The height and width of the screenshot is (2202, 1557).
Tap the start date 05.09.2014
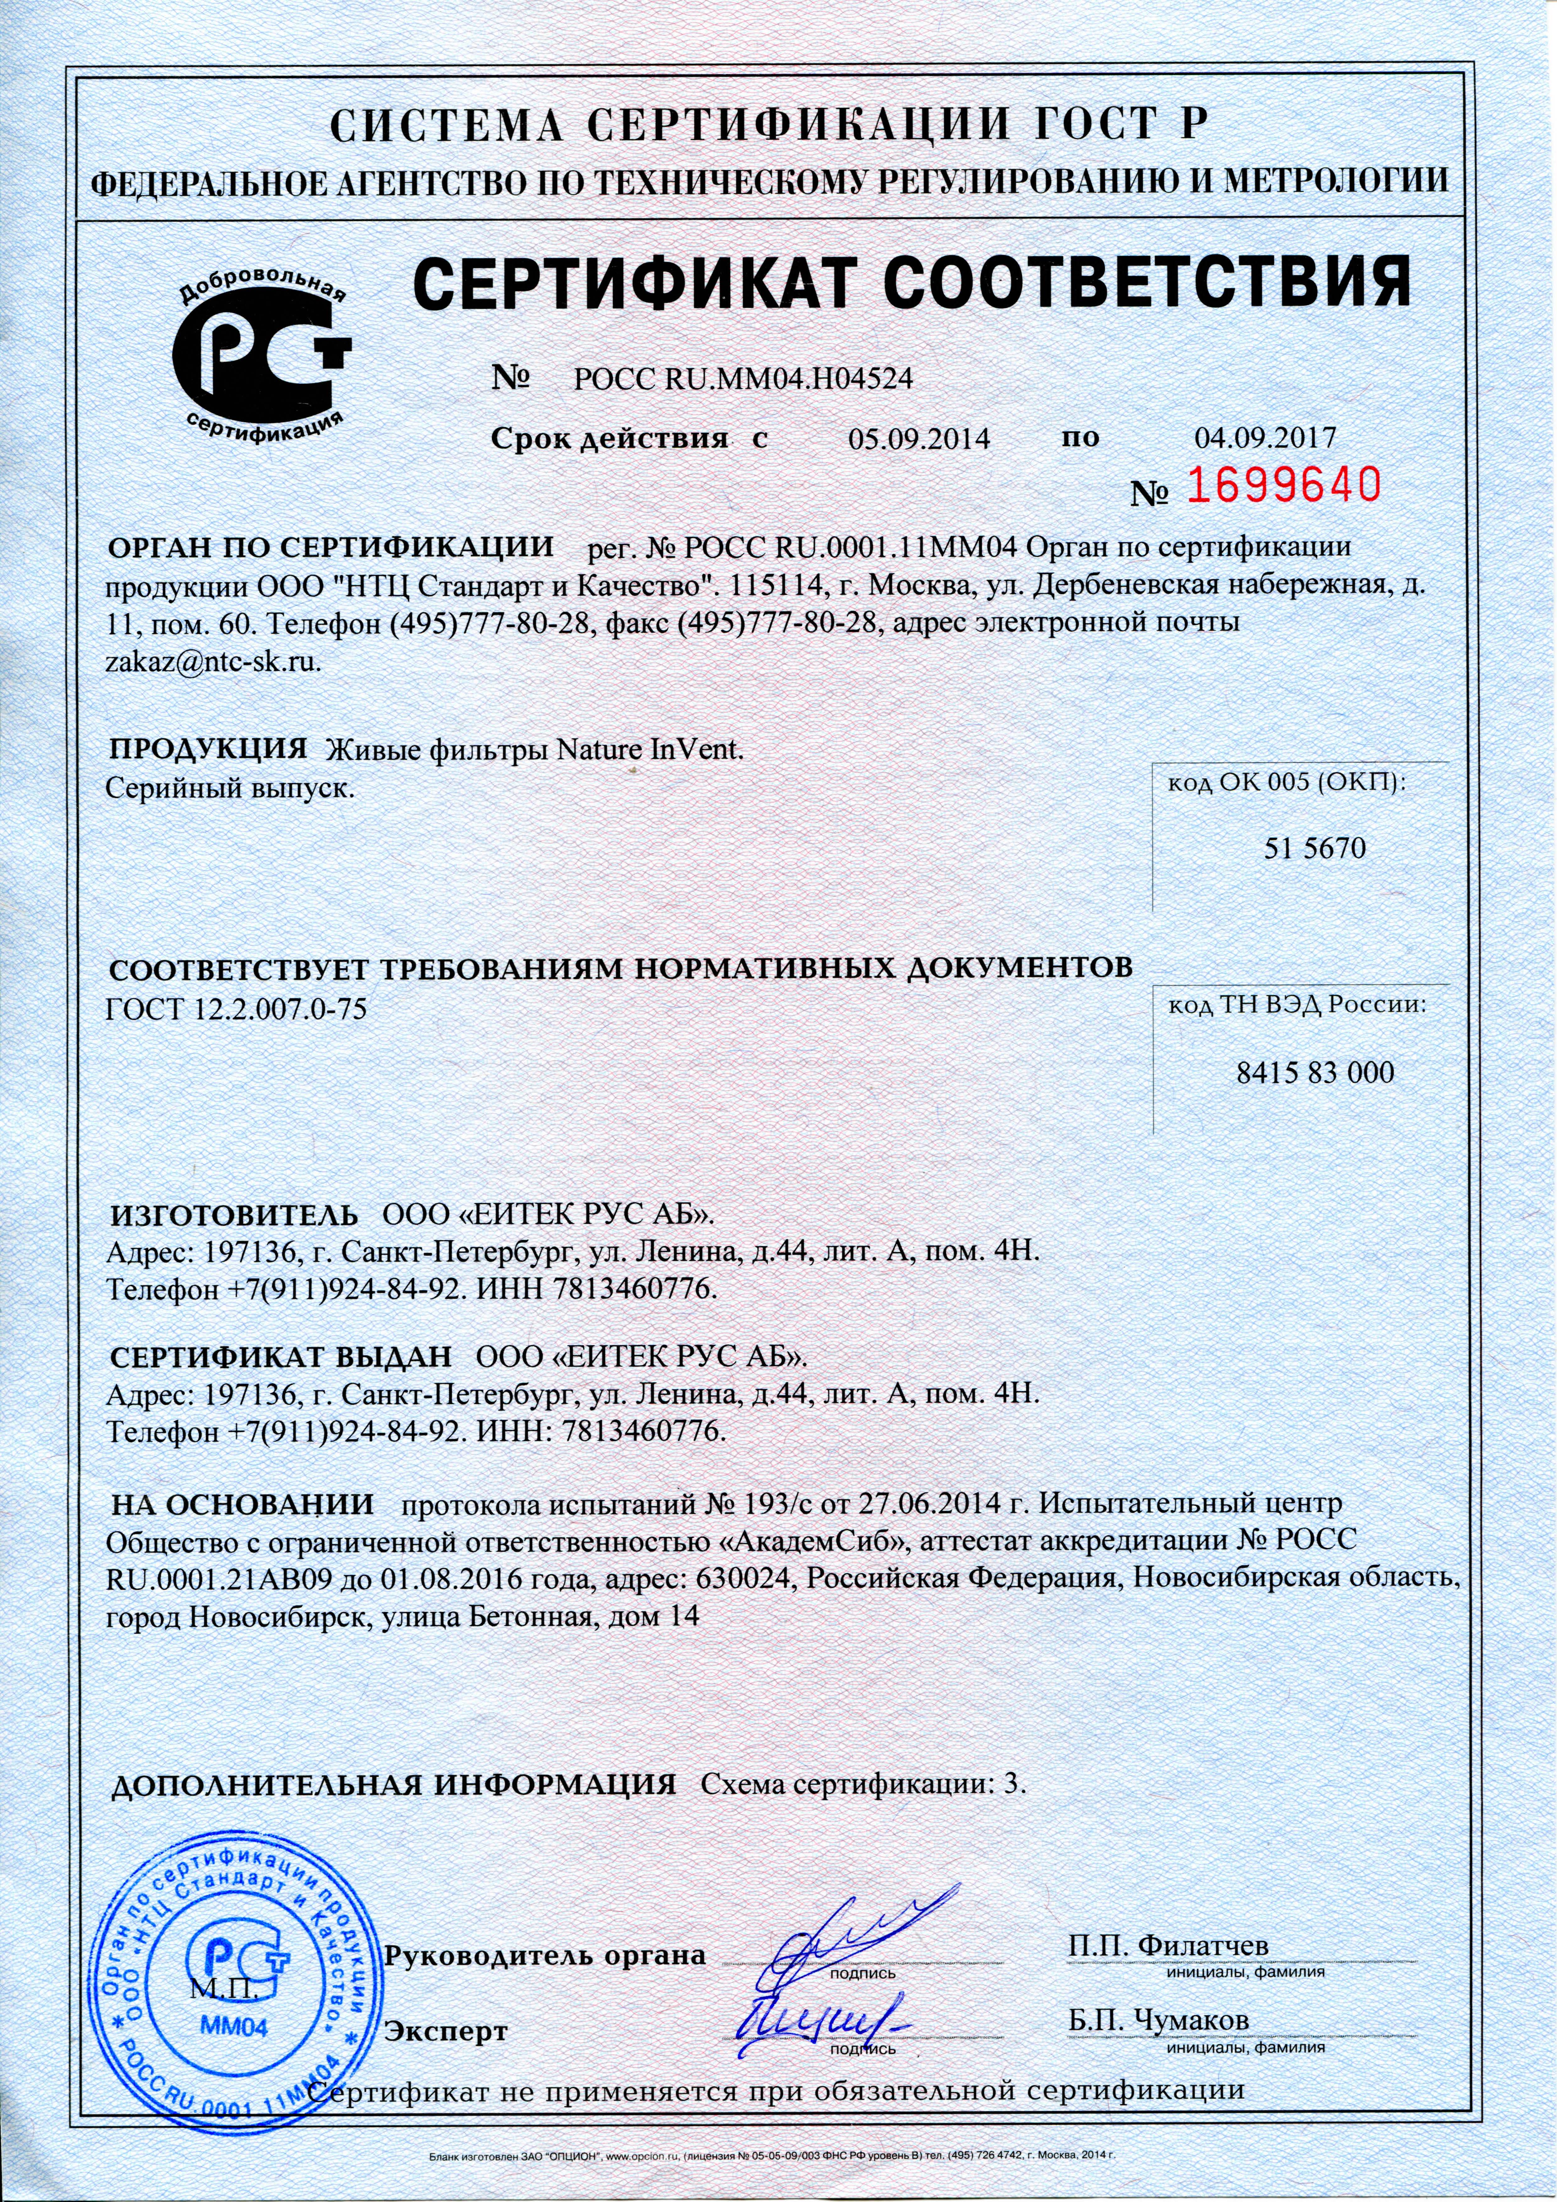pyautogui.click(x=918, y=439)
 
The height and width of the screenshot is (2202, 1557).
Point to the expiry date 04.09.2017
pyautogui.click(x=1264, y=438)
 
